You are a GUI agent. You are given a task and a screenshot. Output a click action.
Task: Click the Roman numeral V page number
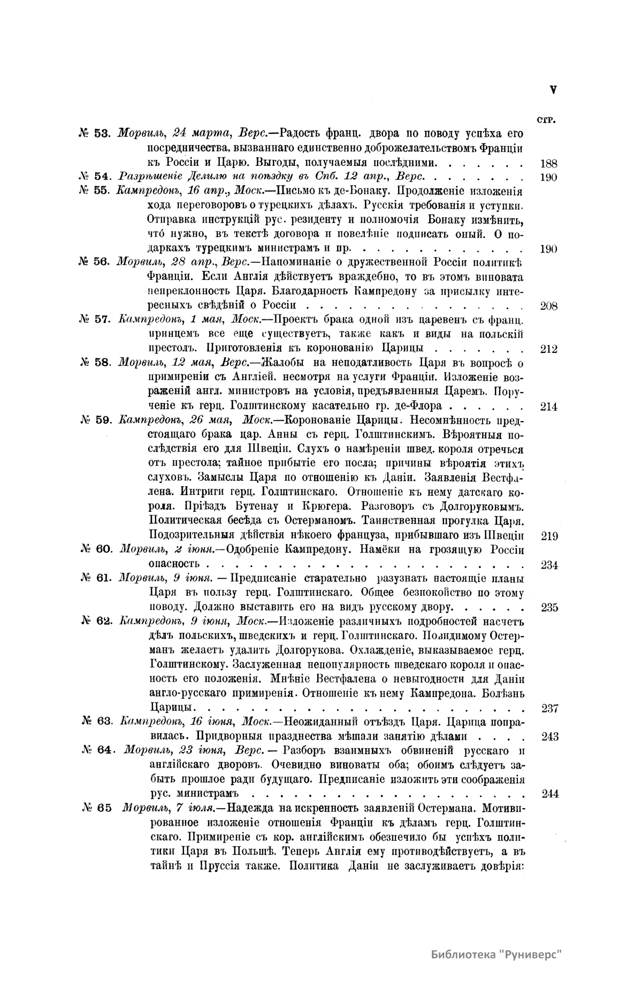click(x=553, y=90)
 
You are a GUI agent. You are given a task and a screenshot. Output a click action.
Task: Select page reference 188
click(x=549, y=162)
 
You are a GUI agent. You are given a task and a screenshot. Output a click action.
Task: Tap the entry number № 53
click(x=94, y=133)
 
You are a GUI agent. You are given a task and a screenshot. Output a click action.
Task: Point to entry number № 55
click(x=95, y=191)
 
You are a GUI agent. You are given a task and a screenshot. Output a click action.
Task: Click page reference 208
click(x=549, y=306)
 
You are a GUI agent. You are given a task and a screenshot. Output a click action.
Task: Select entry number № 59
click(x=96, y=420)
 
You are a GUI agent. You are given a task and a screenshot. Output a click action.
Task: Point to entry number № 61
click(x=96, y=578)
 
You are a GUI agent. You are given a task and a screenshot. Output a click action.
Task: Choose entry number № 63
click(x=97, y=723)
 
